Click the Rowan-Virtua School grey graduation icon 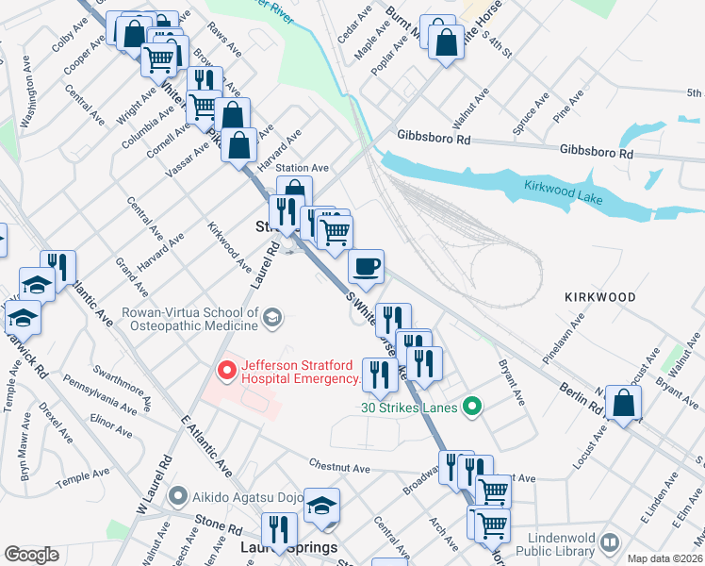(x=272, y=317)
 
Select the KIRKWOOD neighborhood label (x=600, y=296)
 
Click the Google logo (x=31, y=555)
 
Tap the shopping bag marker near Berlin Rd (x=623, y=403)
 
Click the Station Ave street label (x=301, y=168)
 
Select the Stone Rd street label (x=220, y=520)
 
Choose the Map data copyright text (x=665, y=558)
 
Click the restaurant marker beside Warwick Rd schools (x=58, y=267)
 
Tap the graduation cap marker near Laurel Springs (x=321, y=506)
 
